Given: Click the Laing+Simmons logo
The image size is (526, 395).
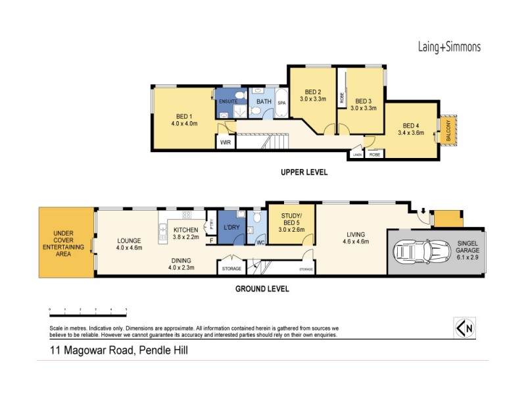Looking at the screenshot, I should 449,47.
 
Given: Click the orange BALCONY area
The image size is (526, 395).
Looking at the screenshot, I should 450,132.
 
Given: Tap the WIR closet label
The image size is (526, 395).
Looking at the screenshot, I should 225,142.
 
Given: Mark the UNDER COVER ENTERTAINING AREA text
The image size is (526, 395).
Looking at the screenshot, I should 66,241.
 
